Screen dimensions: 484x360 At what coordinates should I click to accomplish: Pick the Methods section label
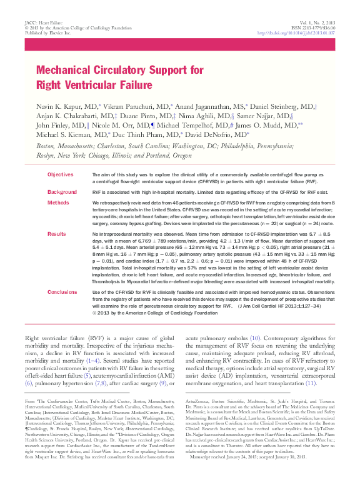coord(58,203)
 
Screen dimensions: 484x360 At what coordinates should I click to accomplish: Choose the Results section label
coord(57,233)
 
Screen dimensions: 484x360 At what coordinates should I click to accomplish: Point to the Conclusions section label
coord(62,292)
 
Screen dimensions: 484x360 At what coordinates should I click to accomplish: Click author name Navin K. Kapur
coord(59,106)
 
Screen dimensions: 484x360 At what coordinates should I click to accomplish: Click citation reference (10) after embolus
coord(255,338)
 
